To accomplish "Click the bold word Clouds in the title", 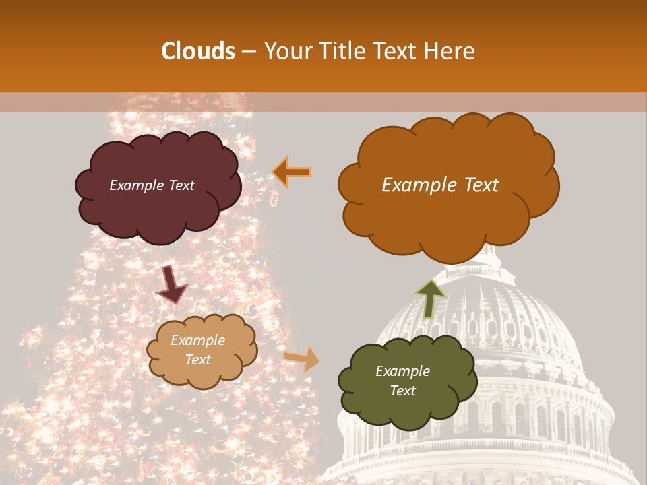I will (198, 51).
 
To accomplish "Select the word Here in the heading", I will (450, 51).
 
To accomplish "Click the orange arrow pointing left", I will (292, 172).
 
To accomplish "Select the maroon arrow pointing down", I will (172, 284).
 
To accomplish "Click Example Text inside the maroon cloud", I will (152, 185).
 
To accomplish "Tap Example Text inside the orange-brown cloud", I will (440, 185).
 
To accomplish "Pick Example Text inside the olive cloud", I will (403, 381).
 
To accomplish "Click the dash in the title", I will (248, 52).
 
